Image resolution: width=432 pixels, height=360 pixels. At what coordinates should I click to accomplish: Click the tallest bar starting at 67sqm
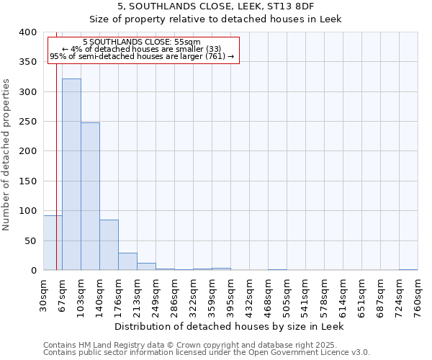pyautogui.click(x=71, y=174)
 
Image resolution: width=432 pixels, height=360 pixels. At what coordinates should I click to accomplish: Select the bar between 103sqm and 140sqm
pyautogui.click(x=90, y=197)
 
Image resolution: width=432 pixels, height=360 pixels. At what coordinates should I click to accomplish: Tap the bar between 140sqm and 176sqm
pyautogui.click(x=109, y=245)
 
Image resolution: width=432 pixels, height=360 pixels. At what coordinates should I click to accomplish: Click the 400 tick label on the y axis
pyautogui.click(x=27, y=32)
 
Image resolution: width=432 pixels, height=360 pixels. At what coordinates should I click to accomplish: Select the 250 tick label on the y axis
pyautogui.click(x=27, y=122)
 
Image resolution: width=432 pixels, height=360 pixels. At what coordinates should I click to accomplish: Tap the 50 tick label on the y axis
pyautogui.click(x=30, y=240)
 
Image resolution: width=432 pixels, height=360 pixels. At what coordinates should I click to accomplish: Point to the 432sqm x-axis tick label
pyautogui.click(x=249, y=295)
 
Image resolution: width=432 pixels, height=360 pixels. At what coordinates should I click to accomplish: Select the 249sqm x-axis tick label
pyautogui.click(x=156, y=295)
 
